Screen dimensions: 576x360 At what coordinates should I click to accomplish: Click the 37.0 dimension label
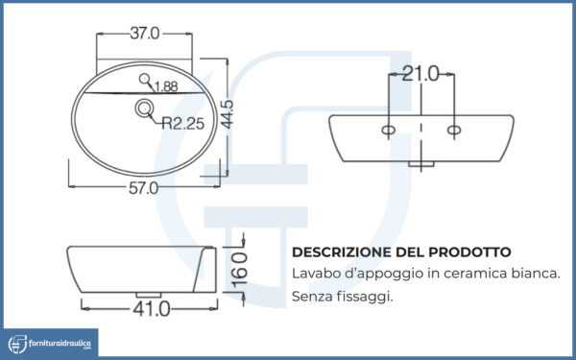pyautogui.click(x=145, y=34)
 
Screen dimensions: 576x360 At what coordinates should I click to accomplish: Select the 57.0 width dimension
pyautogui.click(x=143, y=188)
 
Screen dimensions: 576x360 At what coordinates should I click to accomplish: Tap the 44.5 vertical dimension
pyautogui.click(x=228, y=114)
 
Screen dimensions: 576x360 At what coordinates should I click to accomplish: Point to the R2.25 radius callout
pyautogui.click(x=183, y=124)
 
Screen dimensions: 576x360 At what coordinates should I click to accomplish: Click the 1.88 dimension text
pyautogui.click(x=166, y=86)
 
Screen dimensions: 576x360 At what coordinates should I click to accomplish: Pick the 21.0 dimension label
pyautogui.click(x=420, y=74)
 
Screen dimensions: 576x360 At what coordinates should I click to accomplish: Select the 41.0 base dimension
pyautogui.click(x=152, y=308)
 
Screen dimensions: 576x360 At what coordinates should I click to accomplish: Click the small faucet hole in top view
pyautogui.click(x=144, y=79)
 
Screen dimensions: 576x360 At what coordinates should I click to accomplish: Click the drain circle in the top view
pyautogui.click(x=144, y=108)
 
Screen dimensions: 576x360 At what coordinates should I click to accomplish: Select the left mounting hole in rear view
pyautogui.click(x=388, y=130)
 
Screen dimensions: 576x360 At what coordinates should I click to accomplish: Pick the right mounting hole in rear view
pyautogui.click(x=454, y=130)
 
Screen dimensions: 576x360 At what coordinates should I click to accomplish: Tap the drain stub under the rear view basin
pyautogui.click(x=421, y=164)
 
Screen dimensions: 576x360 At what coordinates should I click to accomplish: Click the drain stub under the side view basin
pyautogui.click(x=149, y=295)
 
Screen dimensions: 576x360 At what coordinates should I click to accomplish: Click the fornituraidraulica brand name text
pyautogui.click(x=60, y=344)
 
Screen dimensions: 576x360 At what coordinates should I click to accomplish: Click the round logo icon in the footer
pyautogui.click(x=17, y=344)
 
